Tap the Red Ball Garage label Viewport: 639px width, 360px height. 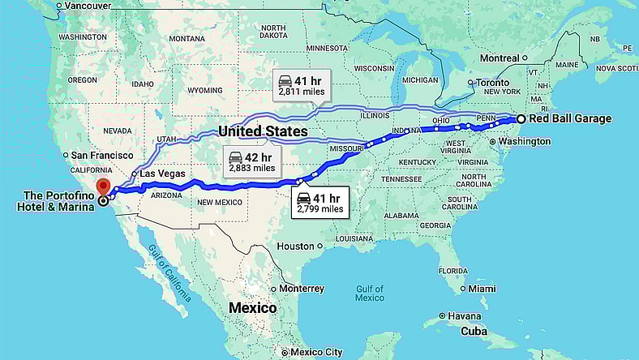[570, 119]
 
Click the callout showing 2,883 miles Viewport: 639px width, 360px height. [251, 161]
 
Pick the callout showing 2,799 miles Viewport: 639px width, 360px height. [319, 203]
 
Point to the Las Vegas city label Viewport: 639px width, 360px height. [162, 174]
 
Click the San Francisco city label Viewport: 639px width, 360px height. [101, 155]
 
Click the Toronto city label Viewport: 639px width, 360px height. [492, 83]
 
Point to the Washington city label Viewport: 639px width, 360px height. [524, 141]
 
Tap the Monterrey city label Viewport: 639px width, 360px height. [302, 289]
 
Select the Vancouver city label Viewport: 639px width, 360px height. [86, 6]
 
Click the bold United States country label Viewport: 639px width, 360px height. [263, 131]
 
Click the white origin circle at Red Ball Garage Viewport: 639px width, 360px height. [521, 119]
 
